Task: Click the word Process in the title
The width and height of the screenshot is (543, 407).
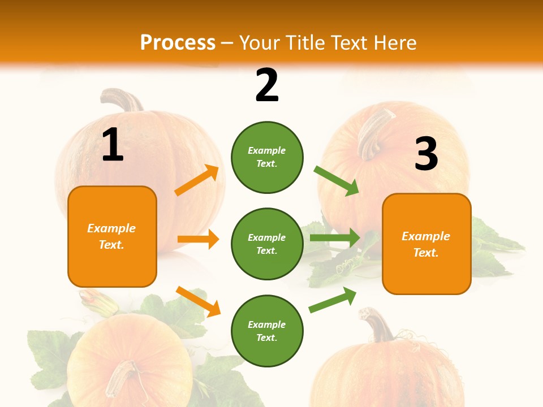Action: click(x=178, y=43)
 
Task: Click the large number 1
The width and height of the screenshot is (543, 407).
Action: click(x=113, y=145)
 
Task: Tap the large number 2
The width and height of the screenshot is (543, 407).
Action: click(x=267, y=85)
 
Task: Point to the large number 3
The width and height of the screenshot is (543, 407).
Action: click(x=426, y=154)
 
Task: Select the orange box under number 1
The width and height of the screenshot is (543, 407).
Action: click(x=112, y=236)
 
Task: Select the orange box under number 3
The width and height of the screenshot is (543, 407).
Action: click(x=426, y=244)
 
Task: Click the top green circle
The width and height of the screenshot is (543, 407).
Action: click(x=267, y=157)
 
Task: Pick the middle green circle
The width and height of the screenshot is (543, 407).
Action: click(x=267, y=244)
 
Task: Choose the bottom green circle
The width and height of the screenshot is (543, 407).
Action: click(x=267, y=331)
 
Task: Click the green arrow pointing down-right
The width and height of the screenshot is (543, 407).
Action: click(x=337, y=180)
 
